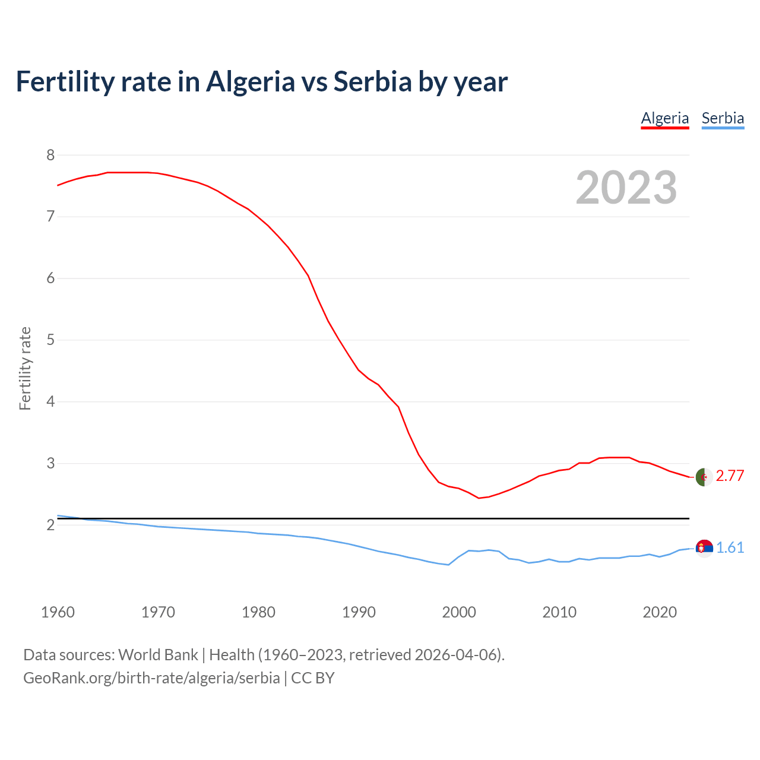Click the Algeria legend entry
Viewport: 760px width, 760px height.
point(664,118)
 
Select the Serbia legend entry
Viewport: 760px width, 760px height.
point(723,118)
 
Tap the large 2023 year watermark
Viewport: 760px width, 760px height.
point(626,188)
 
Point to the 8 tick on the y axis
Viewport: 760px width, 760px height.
point(50,156)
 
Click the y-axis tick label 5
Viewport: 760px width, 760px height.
point(50,340)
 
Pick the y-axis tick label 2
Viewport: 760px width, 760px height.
point(50,525)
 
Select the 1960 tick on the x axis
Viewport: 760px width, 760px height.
point(58,612)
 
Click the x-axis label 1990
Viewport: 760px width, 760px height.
point(359,612)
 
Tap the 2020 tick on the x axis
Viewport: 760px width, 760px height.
point(660,612)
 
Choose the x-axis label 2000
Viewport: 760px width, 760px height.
point(459,612)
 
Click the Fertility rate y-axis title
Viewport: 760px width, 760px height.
point(25,368)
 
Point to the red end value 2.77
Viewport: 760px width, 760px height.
point(730,476)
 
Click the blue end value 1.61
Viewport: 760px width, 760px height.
point(730,547)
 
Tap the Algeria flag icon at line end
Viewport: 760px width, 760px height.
point(704,477)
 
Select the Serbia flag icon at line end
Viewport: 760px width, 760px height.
point(704,548)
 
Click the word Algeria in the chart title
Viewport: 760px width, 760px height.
point(250,82)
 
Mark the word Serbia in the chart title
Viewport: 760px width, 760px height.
point(372,82)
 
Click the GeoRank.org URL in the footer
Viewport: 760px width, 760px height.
point(151,678)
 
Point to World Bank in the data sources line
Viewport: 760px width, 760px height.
point(158,655)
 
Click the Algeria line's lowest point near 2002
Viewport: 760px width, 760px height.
point(479,498)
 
